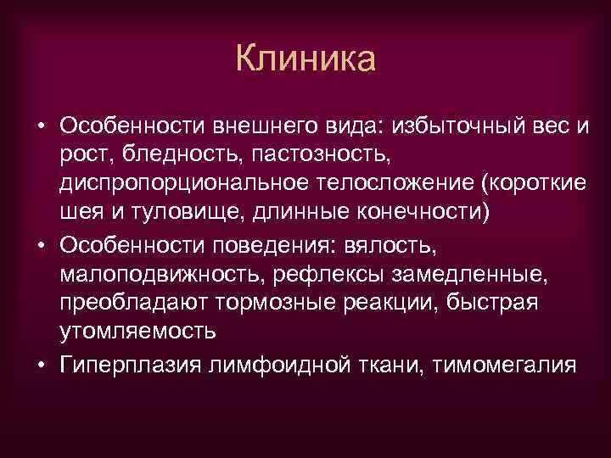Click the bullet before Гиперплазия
coord(42,363)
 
